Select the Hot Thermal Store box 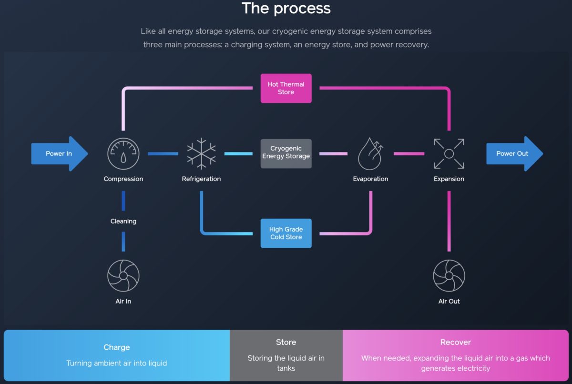[x=286, y=88]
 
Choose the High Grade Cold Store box [x=286, y=233]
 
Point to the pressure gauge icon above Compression [x=123, y=154]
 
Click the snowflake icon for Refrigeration [x=201, y=154]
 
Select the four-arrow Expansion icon [x=449, y=154]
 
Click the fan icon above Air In [x=123, y=275]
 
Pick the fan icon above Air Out [x=449, y=275]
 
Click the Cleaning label [x=123, y=221]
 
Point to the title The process [x=286, y=9]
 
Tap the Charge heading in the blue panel [x=117, y=347]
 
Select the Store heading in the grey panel [x=286, y=342]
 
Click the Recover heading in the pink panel [x=456, y=342]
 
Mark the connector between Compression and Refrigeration [x=163, y=154]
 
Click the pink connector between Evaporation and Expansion [x=409, y=154]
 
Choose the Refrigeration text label [x=201, y=179]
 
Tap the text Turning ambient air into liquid [x=117, y=363]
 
